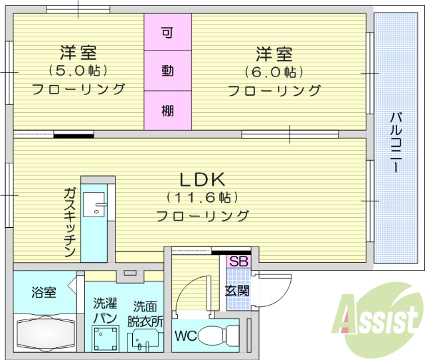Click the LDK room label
pos(203,179)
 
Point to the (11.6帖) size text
pos(203,198)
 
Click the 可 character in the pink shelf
pos(168,32)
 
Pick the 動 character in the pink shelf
pos(168,70)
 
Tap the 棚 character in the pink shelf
pos(168,110)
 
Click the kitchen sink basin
pos(99,204)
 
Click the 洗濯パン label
pos(105,311)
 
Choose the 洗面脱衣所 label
pos(145,313)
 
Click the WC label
pos(185,335)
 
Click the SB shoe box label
pos(238,262)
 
